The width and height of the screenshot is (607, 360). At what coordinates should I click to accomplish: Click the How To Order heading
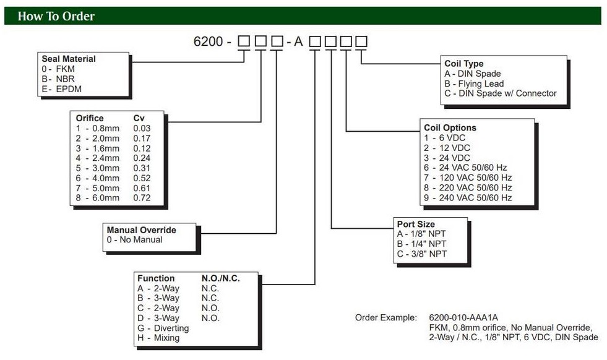pos(56,16)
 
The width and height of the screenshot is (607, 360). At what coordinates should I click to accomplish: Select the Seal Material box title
pos(69,59)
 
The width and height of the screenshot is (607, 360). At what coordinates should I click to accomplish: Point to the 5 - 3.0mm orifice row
pos(98,168)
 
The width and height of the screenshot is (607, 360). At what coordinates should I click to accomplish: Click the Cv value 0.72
pos(142,198)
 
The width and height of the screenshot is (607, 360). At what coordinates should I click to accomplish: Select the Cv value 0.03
pos(142,129)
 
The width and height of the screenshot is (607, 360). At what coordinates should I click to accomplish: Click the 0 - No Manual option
pos(135,240)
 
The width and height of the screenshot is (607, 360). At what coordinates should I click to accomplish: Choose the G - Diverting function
pos(163,328)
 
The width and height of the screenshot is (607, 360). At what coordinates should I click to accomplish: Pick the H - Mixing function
pos(158,338)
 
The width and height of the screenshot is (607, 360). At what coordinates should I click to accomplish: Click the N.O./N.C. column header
pos(220,278)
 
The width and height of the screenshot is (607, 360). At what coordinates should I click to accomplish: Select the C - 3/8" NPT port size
pos(421,254)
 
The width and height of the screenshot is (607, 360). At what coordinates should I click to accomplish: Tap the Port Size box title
pos(416,224)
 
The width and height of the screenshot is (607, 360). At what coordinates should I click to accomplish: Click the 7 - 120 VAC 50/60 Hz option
pos(468,178)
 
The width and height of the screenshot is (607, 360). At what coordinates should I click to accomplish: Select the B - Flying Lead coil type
pos(474,84)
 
